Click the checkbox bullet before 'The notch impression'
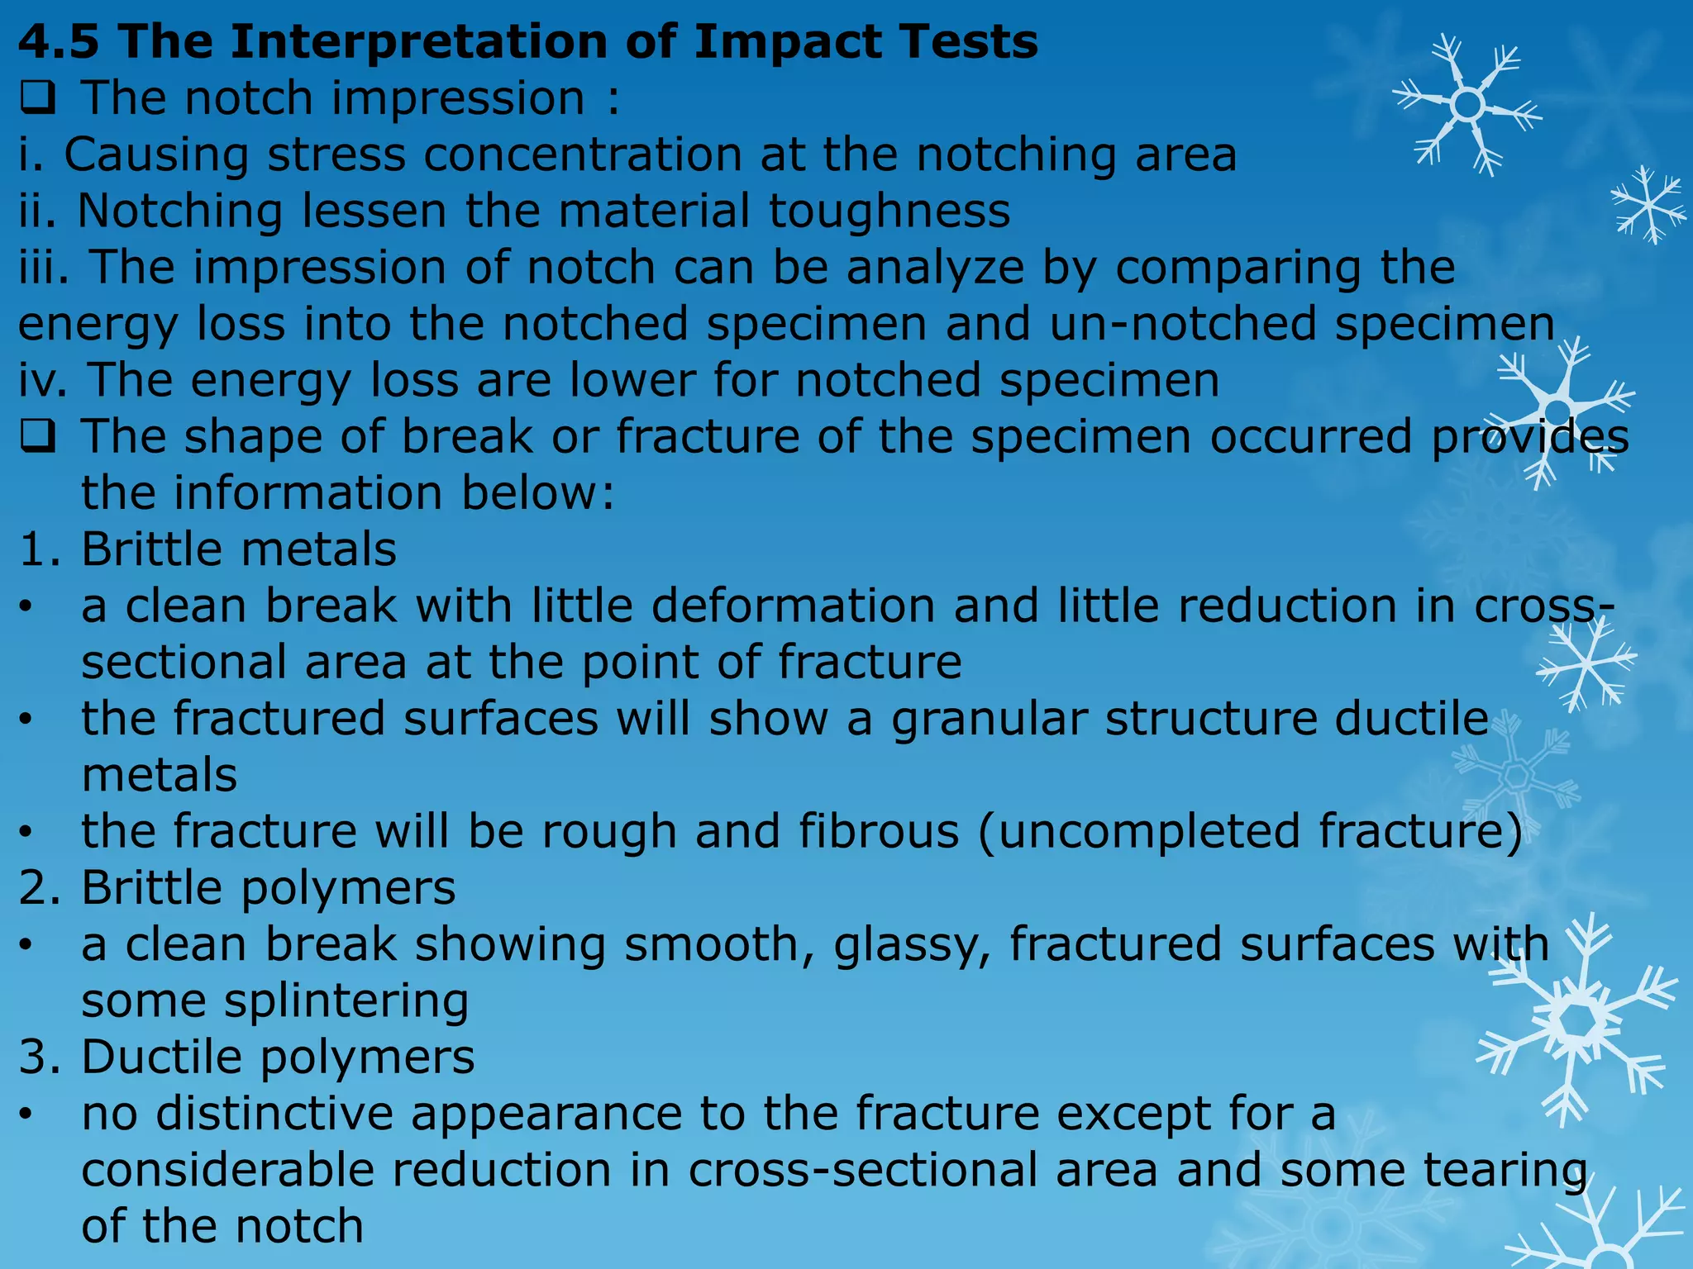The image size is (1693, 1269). click(37, 100)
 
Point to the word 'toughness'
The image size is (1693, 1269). click(889, 211)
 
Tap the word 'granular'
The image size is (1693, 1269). click(989, 719)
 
